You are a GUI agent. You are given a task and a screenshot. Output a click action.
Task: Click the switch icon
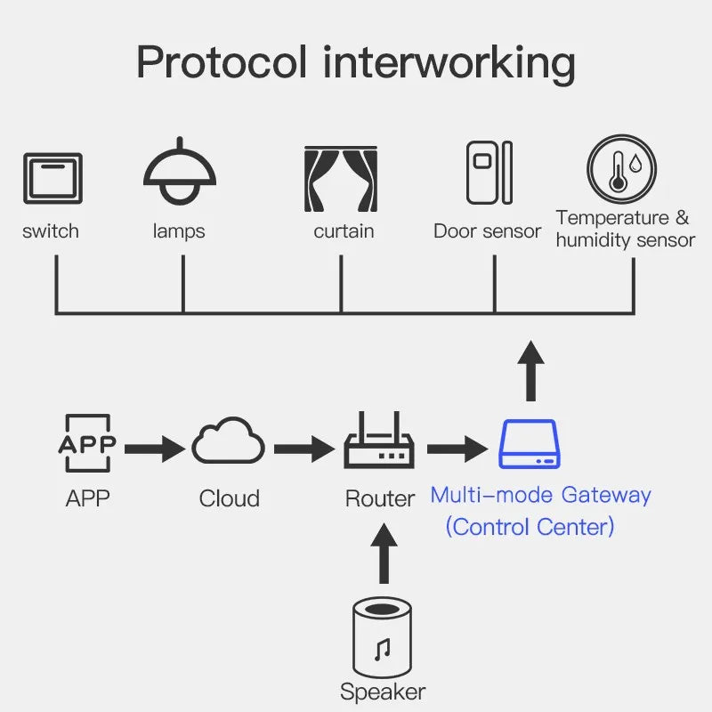tap(53, 179)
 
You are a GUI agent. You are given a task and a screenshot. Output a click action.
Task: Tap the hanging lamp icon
tap(180, 174)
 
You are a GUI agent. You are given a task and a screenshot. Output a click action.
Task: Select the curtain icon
tap(341, 177)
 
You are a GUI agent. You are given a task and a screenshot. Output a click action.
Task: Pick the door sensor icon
tap(489, 172)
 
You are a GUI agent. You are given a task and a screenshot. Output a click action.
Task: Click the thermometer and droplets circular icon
tap(621, 169)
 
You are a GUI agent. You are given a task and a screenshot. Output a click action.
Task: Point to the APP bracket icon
tap(86, 443)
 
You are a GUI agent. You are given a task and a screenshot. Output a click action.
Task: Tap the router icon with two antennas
tap(379, 442)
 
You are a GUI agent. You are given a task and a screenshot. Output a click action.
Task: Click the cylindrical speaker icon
tap(383, 637)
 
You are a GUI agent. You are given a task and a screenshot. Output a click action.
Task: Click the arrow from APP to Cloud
tap(155, 448)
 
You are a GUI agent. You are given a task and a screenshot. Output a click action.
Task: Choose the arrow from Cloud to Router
tap(303, 448)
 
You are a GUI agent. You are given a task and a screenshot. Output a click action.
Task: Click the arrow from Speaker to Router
tap(383, 554)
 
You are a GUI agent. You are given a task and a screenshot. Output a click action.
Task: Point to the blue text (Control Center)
tap(530, 526)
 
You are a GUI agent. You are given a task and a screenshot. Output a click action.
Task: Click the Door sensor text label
tap(487, 231)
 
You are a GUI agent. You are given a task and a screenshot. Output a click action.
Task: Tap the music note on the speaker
tap(383, 649)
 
